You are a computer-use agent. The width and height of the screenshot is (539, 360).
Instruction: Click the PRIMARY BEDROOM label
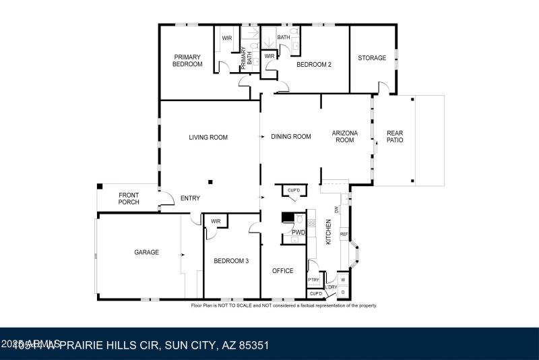pyautogui.click(x=188, y=61)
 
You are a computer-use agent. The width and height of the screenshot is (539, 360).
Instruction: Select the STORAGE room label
pyautogui.click(x=372, y=58)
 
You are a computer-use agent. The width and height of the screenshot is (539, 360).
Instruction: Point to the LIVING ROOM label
pyautogui.click(x=208, y=138)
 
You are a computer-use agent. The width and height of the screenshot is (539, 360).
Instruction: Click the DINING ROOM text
pyautogui.click(x=291, y=137)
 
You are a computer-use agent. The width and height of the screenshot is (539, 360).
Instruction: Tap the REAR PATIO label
pyautogui.click(x=395, y=138)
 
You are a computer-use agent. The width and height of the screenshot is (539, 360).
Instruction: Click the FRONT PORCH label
pyautogui.click(x=129, y=198)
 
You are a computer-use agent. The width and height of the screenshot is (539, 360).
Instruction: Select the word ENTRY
pyautogui.click(x=190, y=198)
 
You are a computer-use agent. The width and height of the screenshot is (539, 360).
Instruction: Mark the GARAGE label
pyautogui.click(x=146, y=252)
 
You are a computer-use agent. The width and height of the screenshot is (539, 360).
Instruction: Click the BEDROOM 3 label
pyautogui.click(x=231, y=260)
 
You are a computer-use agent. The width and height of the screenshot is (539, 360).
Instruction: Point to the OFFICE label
pyautogui.click(x=282, y=271)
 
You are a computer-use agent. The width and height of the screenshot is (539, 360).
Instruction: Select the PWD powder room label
pyautogui.click(x=298, y=233)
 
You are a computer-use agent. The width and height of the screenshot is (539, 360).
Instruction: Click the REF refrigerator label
pyautogui.click(x=344, y=235)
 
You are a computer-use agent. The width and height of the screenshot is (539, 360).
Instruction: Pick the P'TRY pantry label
pyautogui.click(x=313, y=280)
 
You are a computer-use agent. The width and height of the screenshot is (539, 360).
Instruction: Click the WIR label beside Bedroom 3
pyautogui.click(x=216, y=221)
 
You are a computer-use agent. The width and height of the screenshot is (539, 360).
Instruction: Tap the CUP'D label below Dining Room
pyautogui.click(x=294, y=190)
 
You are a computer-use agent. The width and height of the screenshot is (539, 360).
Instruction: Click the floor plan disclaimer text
pyautogui.click(x=284, y=305)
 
